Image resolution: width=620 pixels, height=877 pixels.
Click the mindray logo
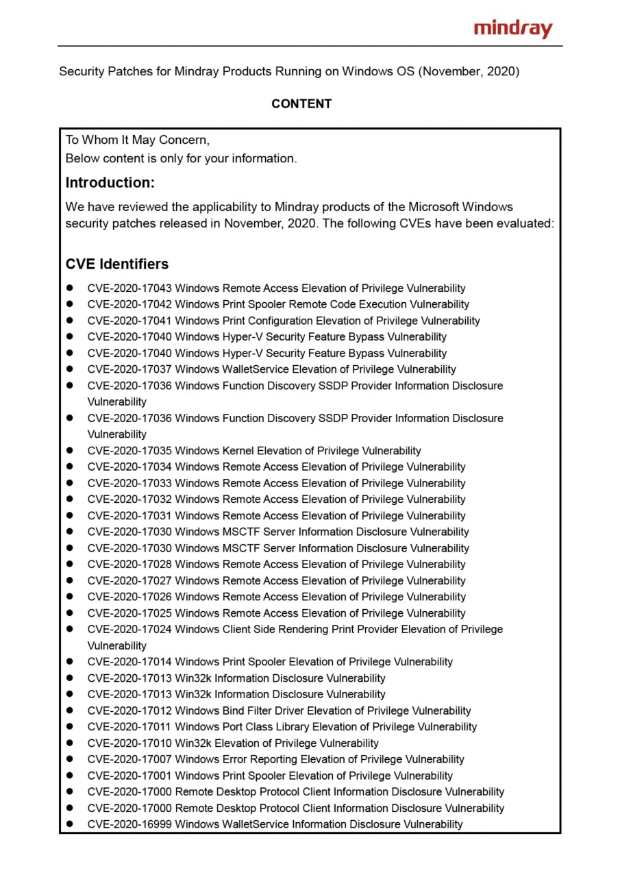(512, 29)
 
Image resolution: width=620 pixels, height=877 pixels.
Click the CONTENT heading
(301, 104)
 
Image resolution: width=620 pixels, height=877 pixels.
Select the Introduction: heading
(110, 183)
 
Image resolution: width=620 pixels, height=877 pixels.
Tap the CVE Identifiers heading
(117, 264)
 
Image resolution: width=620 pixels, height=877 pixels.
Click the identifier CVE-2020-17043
(129, 288)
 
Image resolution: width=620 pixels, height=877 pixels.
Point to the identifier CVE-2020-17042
(129, 304)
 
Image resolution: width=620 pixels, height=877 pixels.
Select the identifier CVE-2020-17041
(129, 321)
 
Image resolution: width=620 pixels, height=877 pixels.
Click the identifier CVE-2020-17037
(129, 369)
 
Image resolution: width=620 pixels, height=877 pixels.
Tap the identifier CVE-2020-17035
(129, 451)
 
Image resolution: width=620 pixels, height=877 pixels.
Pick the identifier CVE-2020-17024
(129, 630)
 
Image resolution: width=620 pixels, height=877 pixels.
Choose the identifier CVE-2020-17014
(129, 662)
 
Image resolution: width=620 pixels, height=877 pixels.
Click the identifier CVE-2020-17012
(129, 711)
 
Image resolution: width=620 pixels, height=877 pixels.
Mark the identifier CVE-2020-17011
(129, 727)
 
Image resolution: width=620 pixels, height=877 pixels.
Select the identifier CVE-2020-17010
(129, 743)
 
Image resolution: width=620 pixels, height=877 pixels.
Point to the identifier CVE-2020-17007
(129, 759)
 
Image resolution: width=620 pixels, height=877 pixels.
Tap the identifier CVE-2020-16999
(129, 824)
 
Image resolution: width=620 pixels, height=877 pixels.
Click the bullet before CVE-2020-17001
(70, 776)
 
